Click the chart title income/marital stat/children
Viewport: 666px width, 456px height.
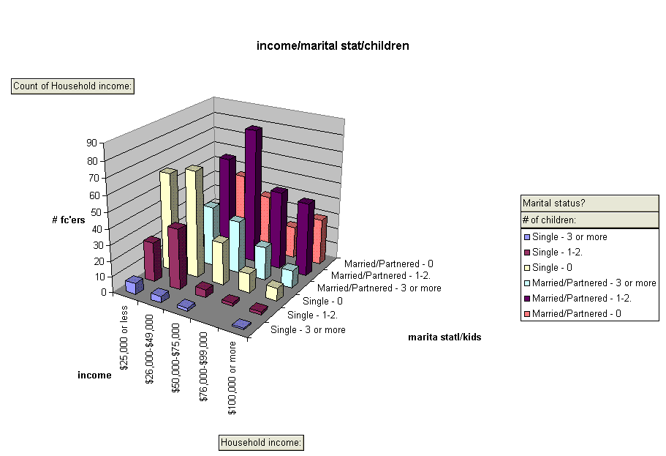333,46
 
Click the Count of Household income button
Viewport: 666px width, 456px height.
73,86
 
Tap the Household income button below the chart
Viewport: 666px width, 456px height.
262,443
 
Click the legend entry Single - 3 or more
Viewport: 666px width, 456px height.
569,236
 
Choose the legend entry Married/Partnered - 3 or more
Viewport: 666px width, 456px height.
594,283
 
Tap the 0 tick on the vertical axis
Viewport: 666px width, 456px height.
103,291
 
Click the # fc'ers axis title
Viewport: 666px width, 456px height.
69,220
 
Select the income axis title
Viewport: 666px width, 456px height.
94,375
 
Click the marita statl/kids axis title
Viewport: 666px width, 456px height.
444,337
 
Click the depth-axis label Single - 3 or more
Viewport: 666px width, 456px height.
308,330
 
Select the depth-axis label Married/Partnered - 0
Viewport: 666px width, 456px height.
388,263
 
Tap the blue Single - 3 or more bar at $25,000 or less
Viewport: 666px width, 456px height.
133,285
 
